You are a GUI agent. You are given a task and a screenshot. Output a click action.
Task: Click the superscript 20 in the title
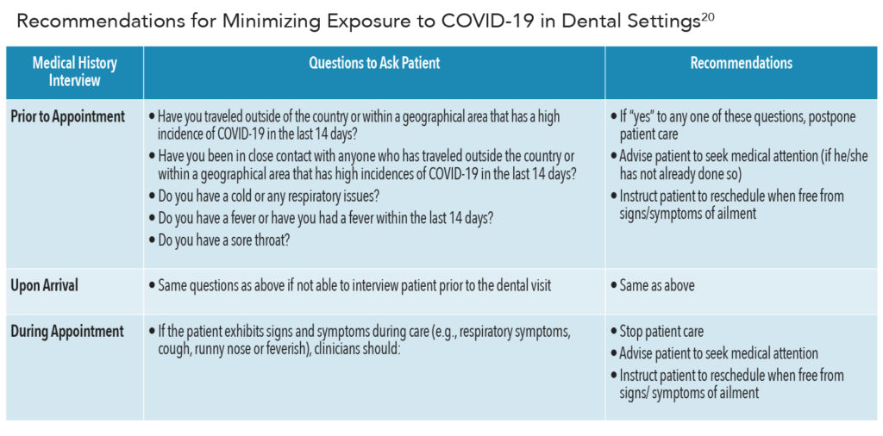(x=707, y=17)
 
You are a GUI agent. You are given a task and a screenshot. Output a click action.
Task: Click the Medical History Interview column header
(x=74, y=72)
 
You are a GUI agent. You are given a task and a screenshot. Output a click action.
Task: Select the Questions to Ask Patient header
(x=374, y=63)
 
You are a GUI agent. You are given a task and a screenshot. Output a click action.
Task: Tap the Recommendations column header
(x=741, y=63)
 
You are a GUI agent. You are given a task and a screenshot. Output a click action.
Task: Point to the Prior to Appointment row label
(x=68, y=117)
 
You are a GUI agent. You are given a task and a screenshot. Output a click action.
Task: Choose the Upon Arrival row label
(x=45, y=286)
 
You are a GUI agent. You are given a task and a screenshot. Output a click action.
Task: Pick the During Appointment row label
(x=67, y=332)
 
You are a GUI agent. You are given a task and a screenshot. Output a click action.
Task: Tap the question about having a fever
(x=321, y=218)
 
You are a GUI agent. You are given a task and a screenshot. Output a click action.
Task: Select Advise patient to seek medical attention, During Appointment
(x=714, y=354)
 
